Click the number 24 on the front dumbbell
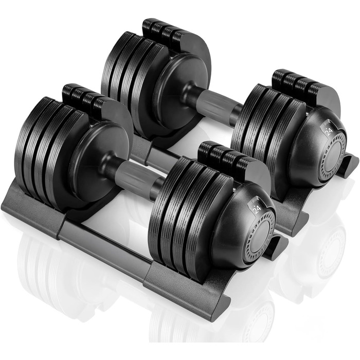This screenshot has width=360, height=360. (x=258, y=209)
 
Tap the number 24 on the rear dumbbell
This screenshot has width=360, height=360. (x=329, y=131)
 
